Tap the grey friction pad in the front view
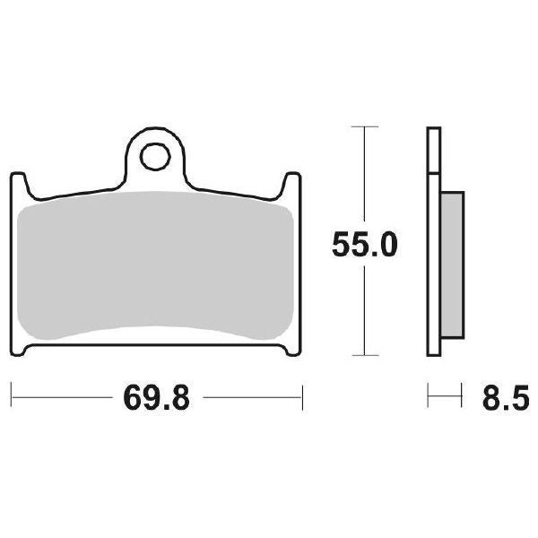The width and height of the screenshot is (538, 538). tap(157, 269)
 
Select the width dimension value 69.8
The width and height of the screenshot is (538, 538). tap(157, 395)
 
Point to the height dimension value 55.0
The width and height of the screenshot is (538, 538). tap(362, 244)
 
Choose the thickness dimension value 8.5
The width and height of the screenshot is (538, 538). tap(504, 395)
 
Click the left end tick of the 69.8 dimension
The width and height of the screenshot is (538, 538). tap(11, 395)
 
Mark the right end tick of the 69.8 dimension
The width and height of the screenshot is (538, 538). tap(303, 395)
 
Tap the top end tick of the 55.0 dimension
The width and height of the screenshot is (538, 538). tap(363, 128)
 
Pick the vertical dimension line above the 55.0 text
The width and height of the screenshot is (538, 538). tap(363, 179)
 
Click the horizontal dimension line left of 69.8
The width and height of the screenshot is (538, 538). tap(63, 395)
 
